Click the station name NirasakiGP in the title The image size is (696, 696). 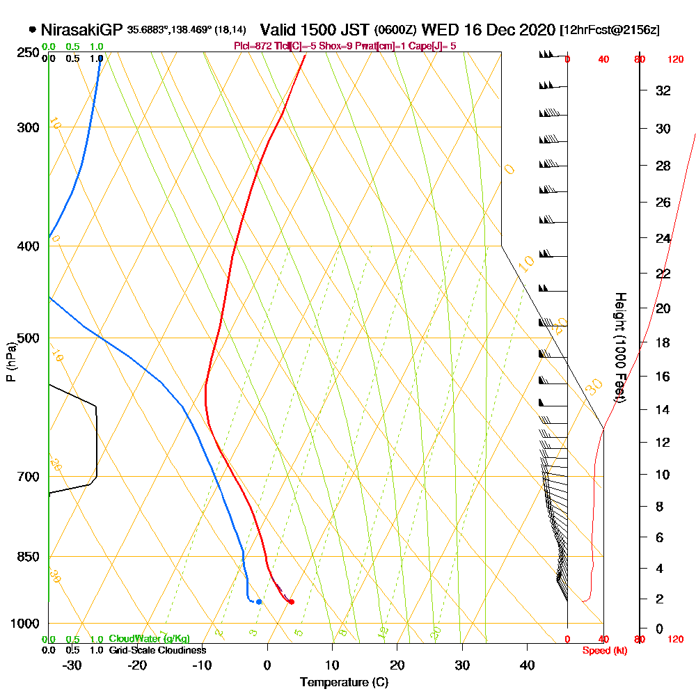tap(82, 30)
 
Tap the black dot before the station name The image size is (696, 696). tap(33, 30)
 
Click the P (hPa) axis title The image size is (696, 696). tap(10, 361)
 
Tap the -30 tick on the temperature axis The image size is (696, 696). tap(72, 665)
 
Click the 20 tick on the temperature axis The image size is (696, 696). tap(397, 665)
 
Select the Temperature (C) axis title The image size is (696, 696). tap(344, 682)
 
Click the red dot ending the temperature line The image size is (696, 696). tap(291, 601)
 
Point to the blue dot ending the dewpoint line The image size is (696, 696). tap(259, 601)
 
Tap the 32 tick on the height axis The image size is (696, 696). tap(663, 90)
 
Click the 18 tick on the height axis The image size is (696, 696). tap(663, 342)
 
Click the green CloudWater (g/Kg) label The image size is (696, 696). tap(149, 639)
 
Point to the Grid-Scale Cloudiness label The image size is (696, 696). tap(157, 650)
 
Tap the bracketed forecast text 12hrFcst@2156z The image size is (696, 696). tap(610, 31)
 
